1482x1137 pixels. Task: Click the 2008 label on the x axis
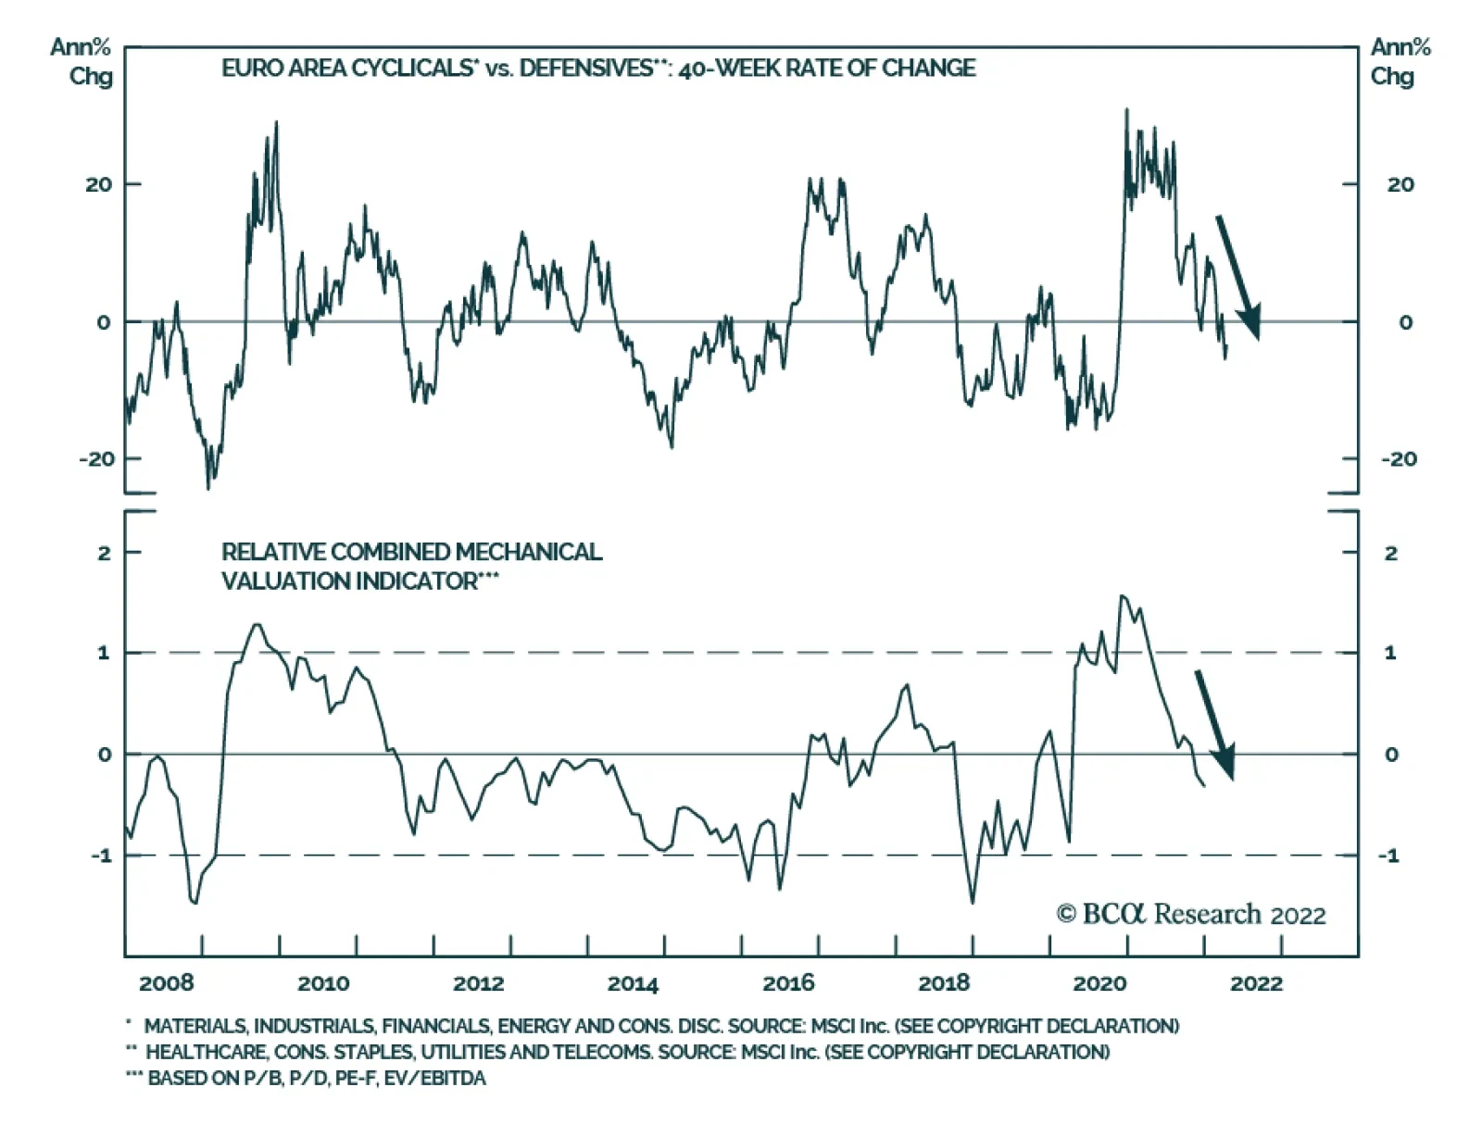167,983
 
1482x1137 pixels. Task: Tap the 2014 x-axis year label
633,983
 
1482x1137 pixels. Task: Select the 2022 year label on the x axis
1256,983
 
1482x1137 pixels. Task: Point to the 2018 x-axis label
944,983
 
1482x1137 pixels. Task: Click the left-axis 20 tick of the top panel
98,184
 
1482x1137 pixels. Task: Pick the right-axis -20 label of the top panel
1399,459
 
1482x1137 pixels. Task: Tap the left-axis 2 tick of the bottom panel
104,553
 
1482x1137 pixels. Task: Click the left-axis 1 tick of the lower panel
104,653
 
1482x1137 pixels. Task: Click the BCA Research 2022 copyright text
1191,915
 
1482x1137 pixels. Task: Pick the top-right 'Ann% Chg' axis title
1400,61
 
